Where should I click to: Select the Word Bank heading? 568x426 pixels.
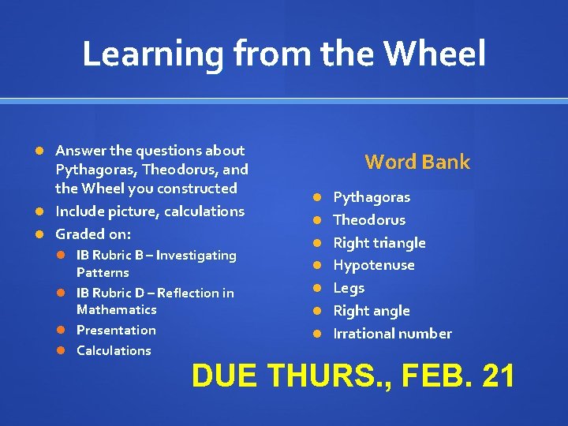point(417,163)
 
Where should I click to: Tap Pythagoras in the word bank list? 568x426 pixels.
point(372,197)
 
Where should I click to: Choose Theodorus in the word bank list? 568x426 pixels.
point(369,220)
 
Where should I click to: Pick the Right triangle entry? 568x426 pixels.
point(379,243)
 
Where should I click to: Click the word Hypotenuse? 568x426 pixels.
point(374,265)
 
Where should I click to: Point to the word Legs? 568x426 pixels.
point(349,288)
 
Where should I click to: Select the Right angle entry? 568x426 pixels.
point(372,311)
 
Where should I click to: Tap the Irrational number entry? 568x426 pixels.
point(393,334)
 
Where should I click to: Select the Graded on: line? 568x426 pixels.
point(93,234)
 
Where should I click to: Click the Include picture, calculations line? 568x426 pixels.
point(150,211)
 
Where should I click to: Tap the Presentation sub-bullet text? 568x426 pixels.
point(116,331)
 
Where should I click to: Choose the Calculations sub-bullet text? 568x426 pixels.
point(114,351)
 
